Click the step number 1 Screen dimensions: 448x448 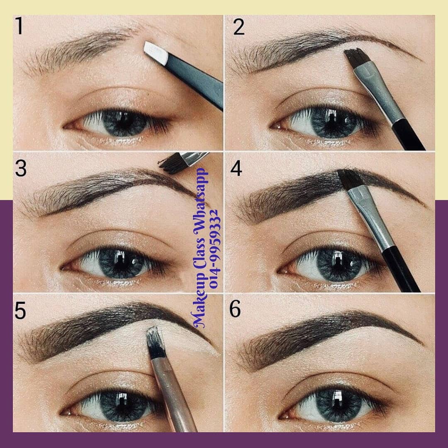[19, 26]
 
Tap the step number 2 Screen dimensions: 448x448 [239, 27]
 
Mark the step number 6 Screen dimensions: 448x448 [235, 309]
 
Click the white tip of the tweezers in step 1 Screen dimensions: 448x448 [156, 53]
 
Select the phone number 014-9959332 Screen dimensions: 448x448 [215, 248]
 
